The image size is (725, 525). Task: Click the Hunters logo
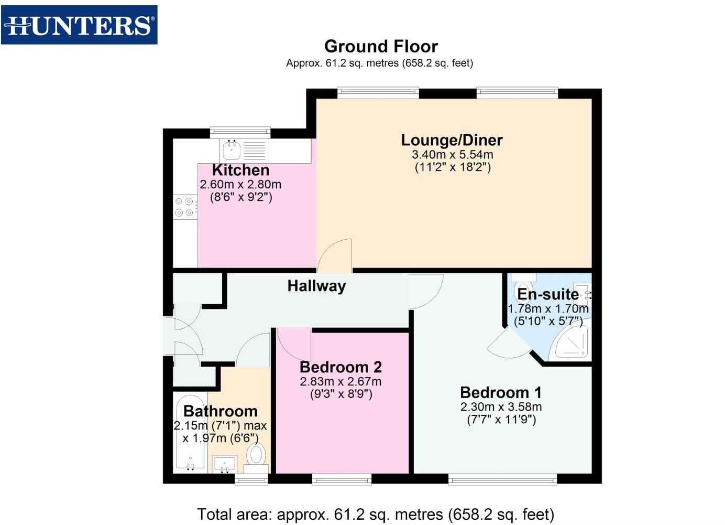pyautogui.click(x=79, y=25)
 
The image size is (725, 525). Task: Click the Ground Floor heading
pyautogui.click(x=381, y=46)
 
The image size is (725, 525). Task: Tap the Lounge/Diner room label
pyautogui.click(x=452, y=140)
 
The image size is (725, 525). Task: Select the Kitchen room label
pyautogui.click(x=240, y=170)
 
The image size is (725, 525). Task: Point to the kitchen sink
pyautogui.click(x=232, y=150)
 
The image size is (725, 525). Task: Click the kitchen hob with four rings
pyautogui.click(x=184, y=207)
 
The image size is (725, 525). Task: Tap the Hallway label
pyautogui.click(x=316, y=286)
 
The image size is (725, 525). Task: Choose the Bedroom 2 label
pyautogui.click(x=340, y=367)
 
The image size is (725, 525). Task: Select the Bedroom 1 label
pyautogui.click(x=500, y=392)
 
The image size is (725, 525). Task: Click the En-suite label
pyautogui.click(x=548, y=294)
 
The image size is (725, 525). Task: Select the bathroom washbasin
pyautogui.click(x=224, y=464)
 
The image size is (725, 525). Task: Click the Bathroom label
pyautogui.click(x=220, y=411)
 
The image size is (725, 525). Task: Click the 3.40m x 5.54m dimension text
pyautogui.click(x=452, y=155)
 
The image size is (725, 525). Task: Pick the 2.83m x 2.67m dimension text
pyautogui.click(x=340, y=381)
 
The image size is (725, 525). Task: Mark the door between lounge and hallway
pyautogui.click(x=335, y=256)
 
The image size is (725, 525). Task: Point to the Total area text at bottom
pyautogui.click(x=375, y=514)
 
